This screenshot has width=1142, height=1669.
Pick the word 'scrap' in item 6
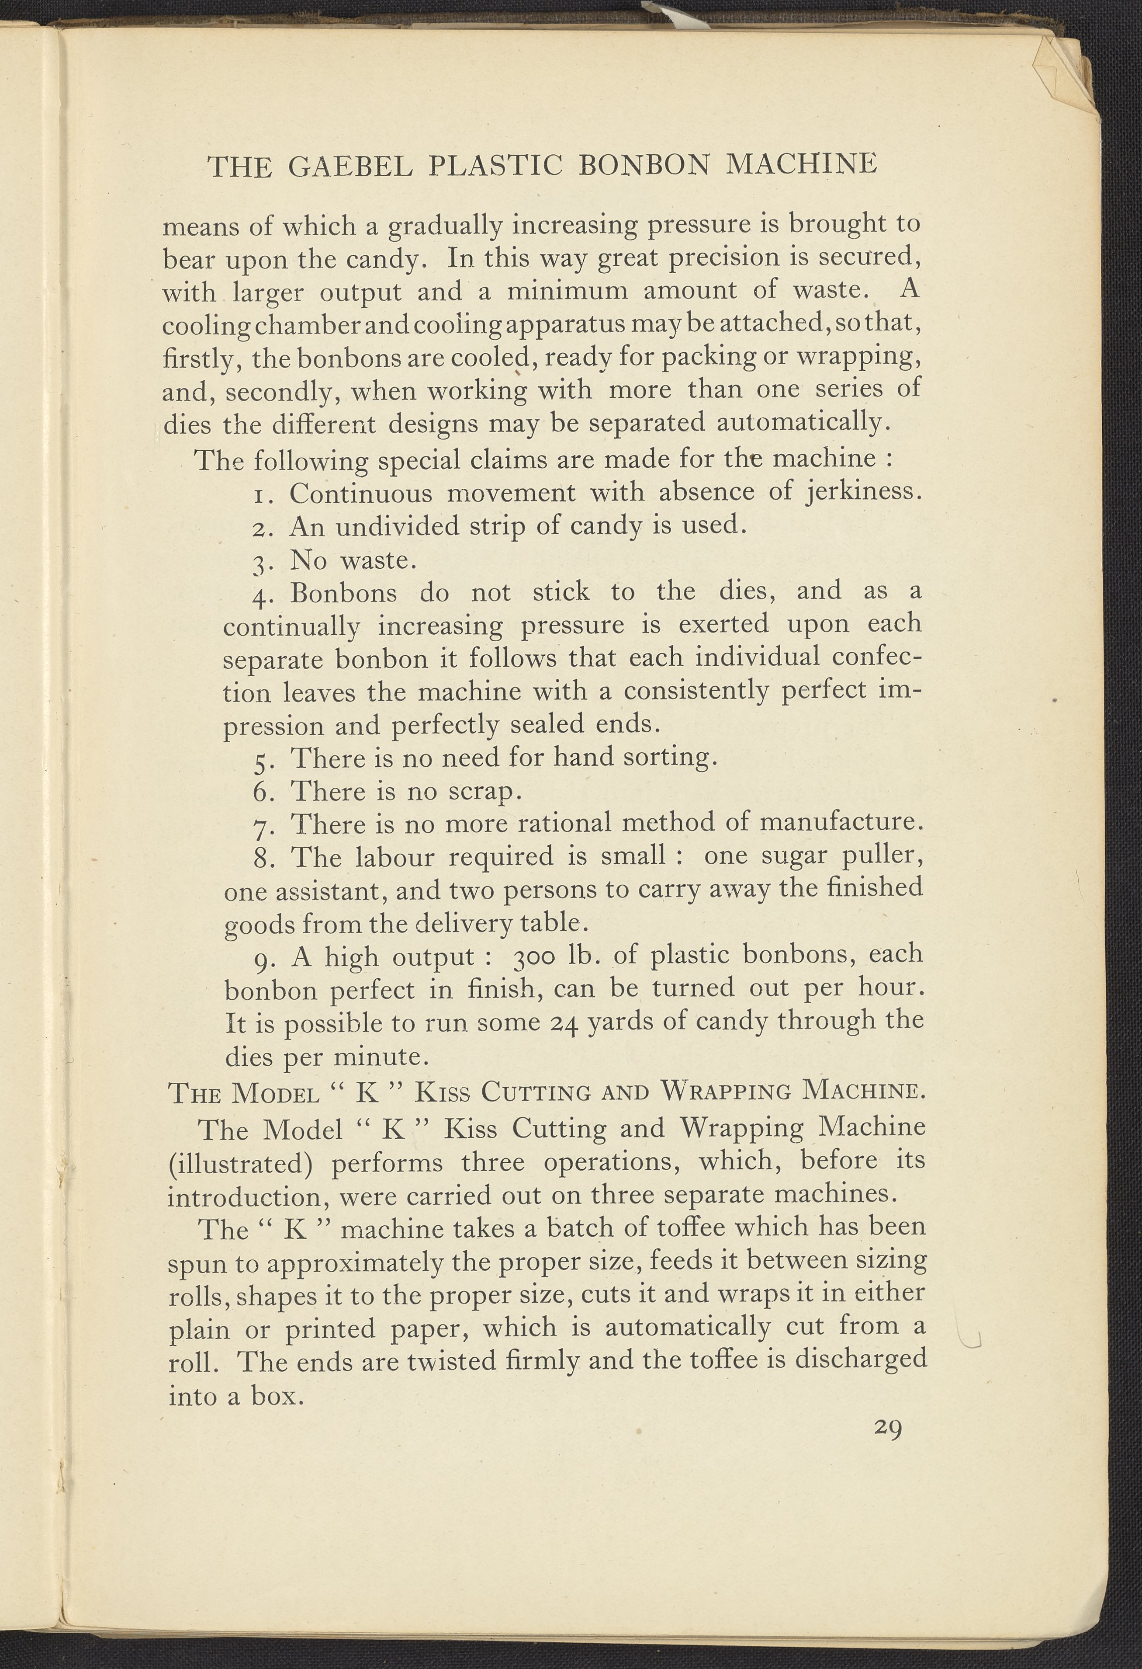point(480,791)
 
